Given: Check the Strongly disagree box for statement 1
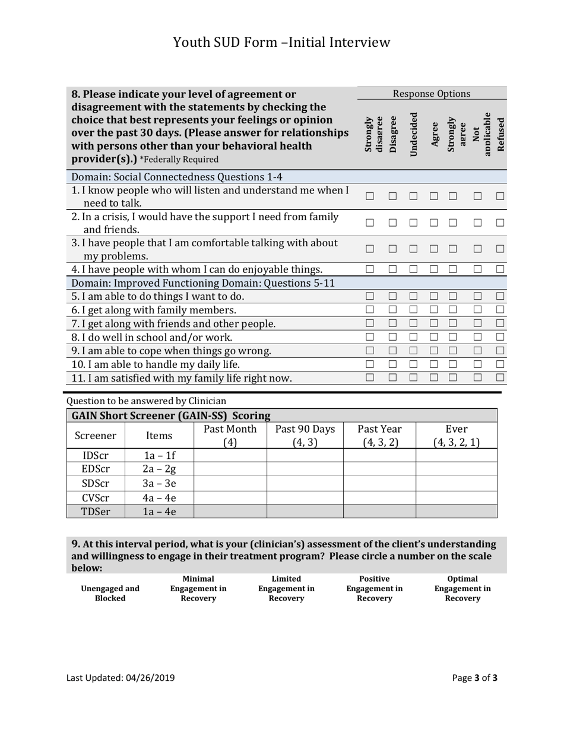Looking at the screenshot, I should pyautogui.click(x=370, y=196).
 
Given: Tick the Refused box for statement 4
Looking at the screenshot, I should pyautogui.click(x=500, y=269).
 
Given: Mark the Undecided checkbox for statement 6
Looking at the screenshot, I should pyautogui.click(x=413, y=309).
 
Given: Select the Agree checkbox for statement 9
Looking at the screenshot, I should pyautogui.click(x=434, y=350).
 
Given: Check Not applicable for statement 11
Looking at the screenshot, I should pyautogui.click(x=477, y=377).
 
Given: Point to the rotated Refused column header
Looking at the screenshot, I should pyautogui.click(x=500, y=134).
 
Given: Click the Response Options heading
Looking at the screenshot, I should pyautogui.click(x=432, y=94).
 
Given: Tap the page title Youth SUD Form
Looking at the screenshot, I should pyautogui.click(x=281, y=42).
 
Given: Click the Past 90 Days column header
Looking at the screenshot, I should pyautogui.click(x=305, y=435).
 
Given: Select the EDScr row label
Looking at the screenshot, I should pyautogui.click(x=96, y=469).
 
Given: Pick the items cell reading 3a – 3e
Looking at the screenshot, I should pyautogui.click(x=159, y=483).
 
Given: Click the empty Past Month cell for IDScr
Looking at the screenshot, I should pyautogui.click(x=230, y=455).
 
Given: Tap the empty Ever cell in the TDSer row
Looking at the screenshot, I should pyautogui.click(x=456, y=511).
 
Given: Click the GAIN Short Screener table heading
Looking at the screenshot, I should pyautogui.click(x=171, y=415).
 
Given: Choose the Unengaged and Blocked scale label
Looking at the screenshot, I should pyautogui.click(x=110, y=593).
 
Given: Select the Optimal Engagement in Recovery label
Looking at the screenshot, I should pyautogui.click(x=462, y=588).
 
